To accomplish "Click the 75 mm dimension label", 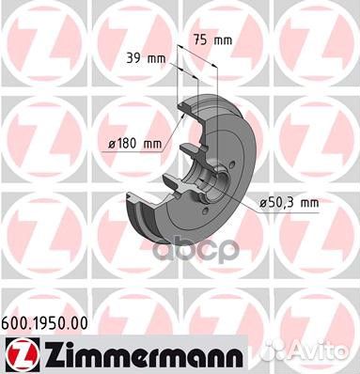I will tap(211, 39).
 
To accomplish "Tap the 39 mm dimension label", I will tap(144, 58).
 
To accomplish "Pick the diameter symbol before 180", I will tap(110, 144).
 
